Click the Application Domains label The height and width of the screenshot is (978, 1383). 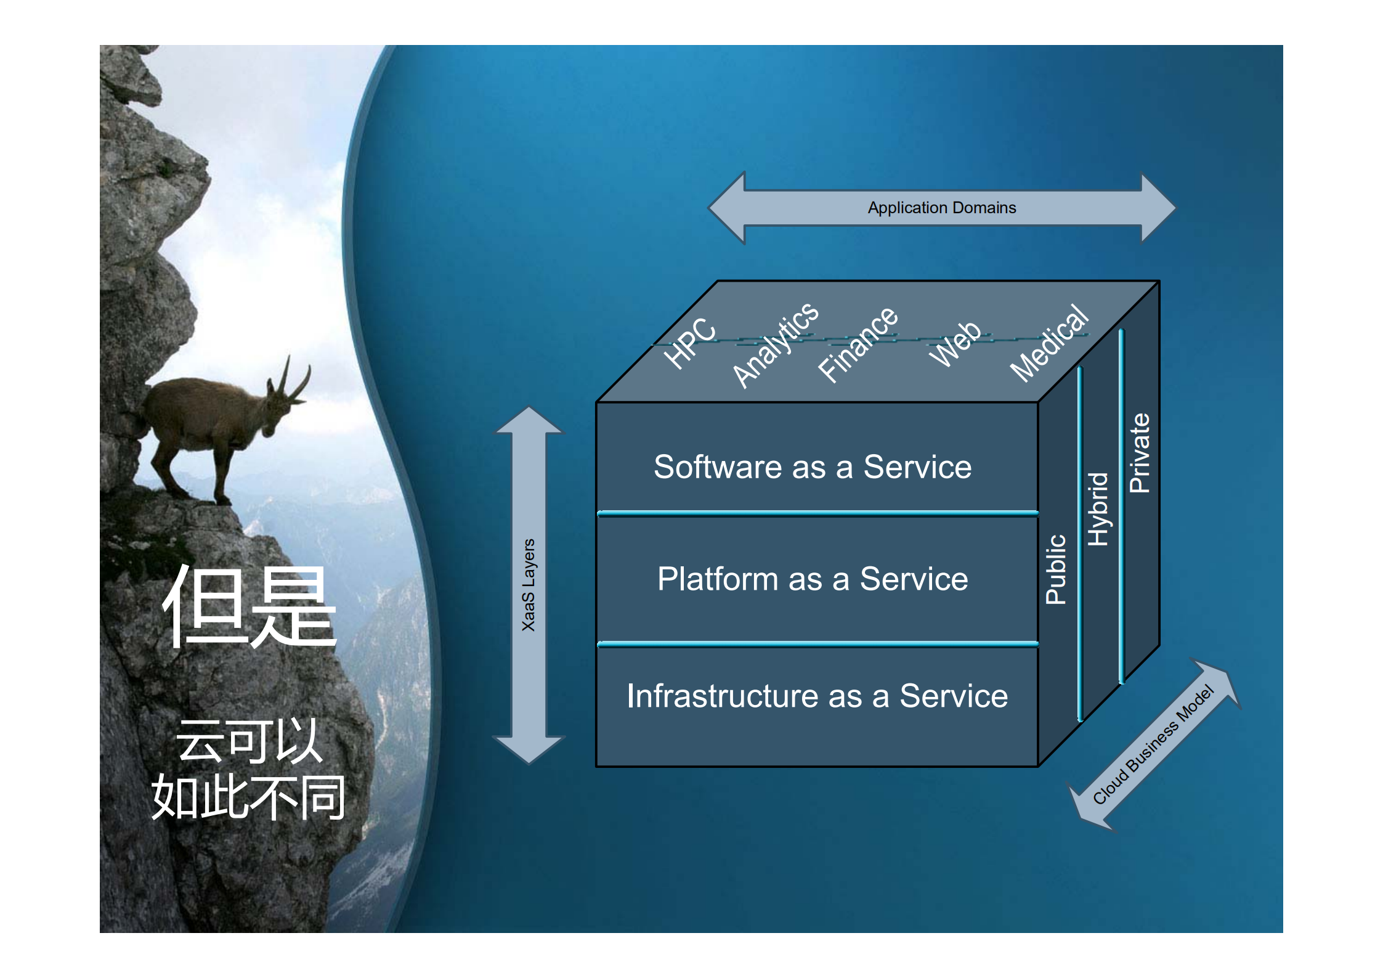pyautogui.click(x=941, y=208)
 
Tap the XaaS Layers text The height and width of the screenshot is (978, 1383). pyautogui.click(x=529, y=585)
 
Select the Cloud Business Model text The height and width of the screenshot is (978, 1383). pyautogui.click(x=1153, y=744)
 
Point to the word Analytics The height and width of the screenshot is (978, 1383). pyautogui.click(x=776, y=345)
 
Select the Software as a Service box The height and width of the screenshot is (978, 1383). pyautogui.click(x=813, y=467)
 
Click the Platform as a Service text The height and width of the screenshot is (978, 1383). pyautogui.click(x=813, y=579)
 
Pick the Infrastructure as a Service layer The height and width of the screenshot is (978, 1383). pyautogui.click(x=817, y=696)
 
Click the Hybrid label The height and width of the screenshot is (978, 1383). pyautogui.click(x=1098, y=509)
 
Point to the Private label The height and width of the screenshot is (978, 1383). pyautogui.click(x=1140, y=453)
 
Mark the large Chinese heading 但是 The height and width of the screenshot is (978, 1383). pyautogui.click(x=249, y=607)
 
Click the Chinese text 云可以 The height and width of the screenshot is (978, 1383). pyautogui.click(x=249, y=741)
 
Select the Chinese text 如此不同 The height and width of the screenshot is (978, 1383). pyautogui.click(x=249, y=797)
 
